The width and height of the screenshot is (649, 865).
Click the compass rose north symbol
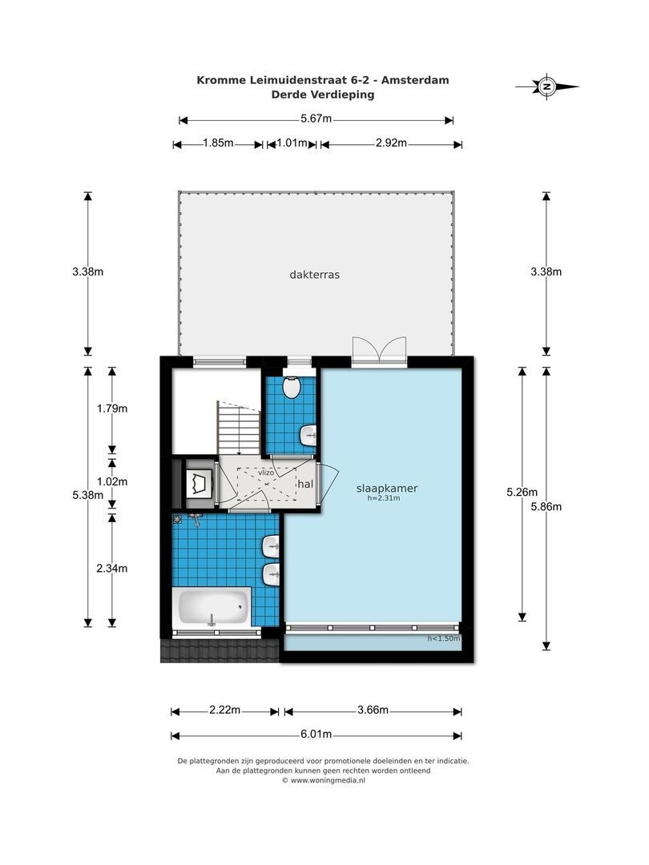coord(547,86)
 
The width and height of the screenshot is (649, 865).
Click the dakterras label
coord(315,274)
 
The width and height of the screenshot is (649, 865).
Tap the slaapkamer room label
coord(387,488)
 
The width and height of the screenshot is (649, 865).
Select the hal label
coord(305,483)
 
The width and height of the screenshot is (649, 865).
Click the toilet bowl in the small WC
coord(292,388)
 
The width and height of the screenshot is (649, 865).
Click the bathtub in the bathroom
coord(211,608)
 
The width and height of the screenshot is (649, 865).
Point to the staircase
coord(239,427)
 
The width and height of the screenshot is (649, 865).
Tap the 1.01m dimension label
coord(292,143)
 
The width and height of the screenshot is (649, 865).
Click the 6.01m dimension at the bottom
coord(316,734)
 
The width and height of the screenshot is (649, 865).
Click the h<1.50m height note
coord(442,638)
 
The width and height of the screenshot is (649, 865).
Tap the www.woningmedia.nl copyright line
coord(323,779)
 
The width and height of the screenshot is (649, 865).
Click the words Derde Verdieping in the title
coord(323,94)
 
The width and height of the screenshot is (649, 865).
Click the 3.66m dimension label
coord(373,710)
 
